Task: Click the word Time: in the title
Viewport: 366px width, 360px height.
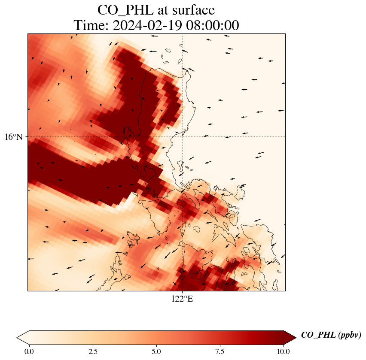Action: coord(91,26)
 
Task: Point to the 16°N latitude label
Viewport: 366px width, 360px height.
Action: coord(14,137)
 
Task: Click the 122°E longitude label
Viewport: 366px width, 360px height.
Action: coord(182,299)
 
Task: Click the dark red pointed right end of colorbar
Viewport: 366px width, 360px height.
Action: coord(290,337)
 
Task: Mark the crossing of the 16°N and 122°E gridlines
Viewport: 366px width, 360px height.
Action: coord(183,137)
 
